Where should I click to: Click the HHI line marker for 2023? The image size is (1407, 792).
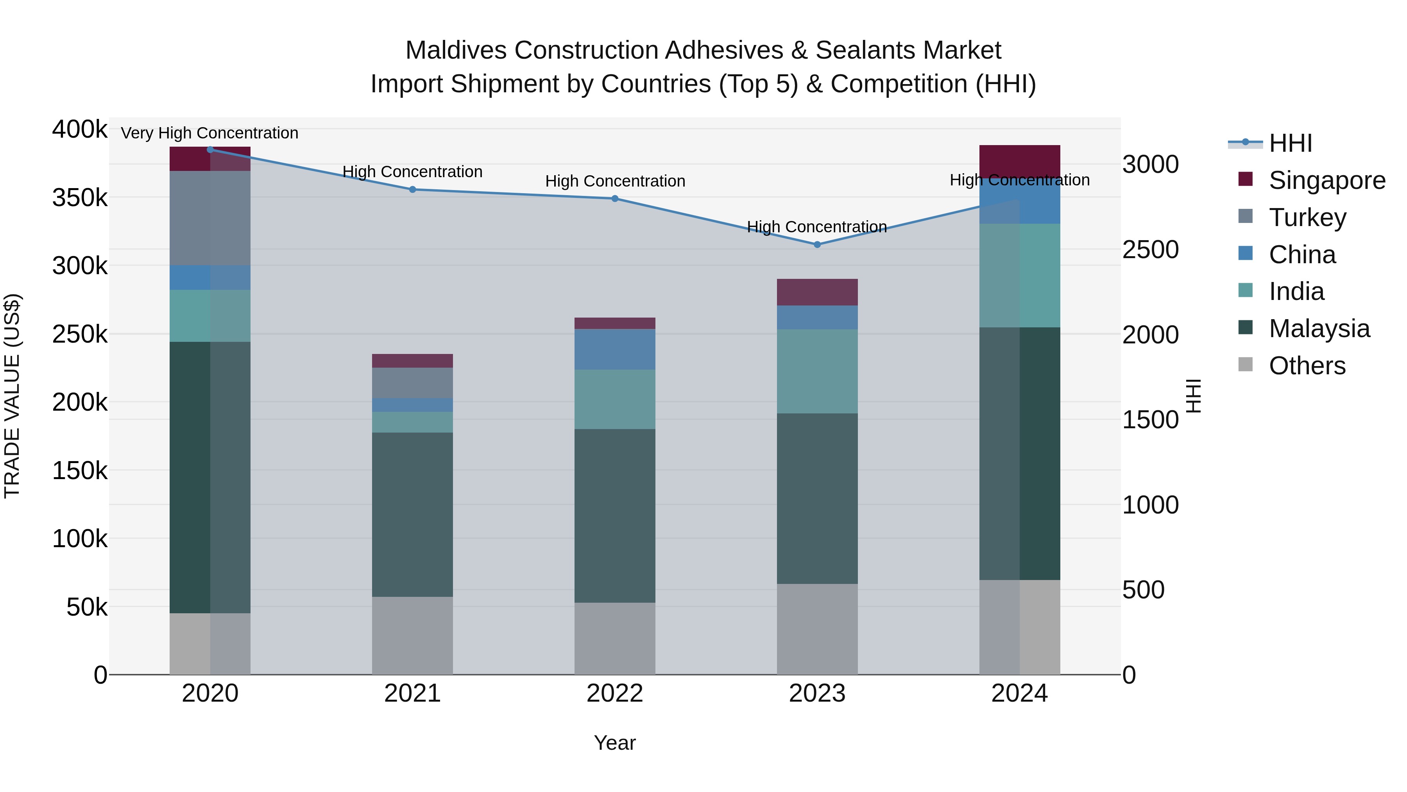(817, 244)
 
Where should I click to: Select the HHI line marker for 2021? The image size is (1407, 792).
(412, 190)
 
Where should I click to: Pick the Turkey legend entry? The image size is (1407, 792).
(1307, 217)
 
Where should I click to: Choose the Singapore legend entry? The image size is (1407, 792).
(1326, 180)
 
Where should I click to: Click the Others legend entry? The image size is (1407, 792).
(1307, 366)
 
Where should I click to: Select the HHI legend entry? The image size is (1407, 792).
(1290, 143)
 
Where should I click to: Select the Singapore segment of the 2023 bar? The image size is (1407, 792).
(817, 292)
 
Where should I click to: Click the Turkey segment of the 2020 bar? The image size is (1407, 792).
(210, 218)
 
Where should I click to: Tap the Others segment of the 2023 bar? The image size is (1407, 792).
(817, 629)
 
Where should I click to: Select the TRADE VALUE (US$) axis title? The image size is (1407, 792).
(12, 396)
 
